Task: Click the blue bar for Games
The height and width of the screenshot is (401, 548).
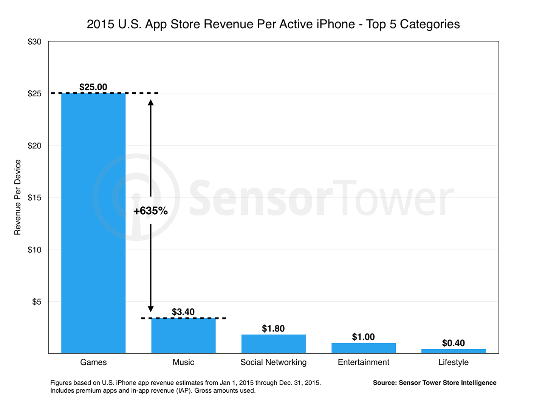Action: click(93, 223)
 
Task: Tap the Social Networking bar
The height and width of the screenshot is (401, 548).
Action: click(273, 344)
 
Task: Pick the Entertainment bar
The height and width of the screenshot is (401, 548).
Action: click(364, 348)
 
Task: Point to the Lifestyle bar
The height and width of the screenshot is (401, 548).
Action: click(454, 351)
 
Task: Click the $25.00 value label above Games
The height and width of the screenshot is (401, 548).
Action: click(93, 87)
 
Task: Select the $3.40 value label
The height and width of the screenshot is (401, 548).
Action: click(183, 312)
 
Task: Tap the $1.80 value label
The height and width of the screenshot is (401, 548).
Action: click(273, 328)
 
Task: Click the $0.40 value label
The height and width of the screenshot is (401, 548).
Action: click(454, 343)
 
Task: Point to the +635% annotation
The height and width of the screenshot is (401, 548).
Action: click(150, 211)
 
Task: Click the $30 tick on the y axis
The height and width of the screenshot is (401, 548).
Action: click(34, 42)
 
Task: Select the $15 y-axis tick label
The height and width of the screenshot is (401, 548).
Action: click(34, 197)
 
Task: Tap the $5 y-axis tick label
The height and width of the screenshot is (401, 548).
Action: click(37, 302)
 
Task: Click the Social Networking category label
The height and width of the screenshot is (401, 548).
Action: click(273, 362)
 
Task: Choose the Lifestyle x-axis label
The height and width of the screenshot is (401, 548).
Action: click(454, 362)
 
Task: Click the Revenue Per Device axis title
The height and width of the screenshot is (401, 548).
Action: click(17, 197)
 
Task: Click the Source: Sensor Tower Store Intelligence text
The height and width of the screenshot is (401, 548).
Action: click(435, 382)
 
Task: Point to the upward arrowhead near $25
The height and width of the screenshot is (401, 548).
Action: click(150, 102)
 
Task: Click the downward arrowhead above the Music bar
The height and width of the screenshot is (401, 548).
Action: click(150, 309)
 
